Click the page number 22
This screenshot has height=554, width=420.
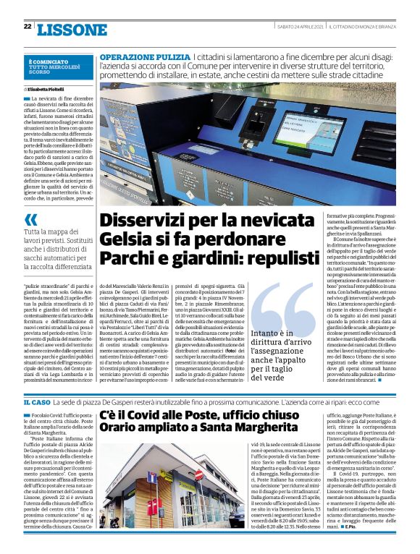pyautogui.click(x=27, y=27)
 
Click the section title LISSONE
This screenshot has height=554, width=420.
pyautogui.click(x=72, y=29)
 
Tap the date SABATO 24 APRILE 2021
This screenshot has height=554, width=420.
pyautogui.click(x=301, y=27)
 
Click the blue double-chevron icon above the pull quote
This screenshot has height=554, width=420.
pyautogui.click(x=31, y=220)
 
